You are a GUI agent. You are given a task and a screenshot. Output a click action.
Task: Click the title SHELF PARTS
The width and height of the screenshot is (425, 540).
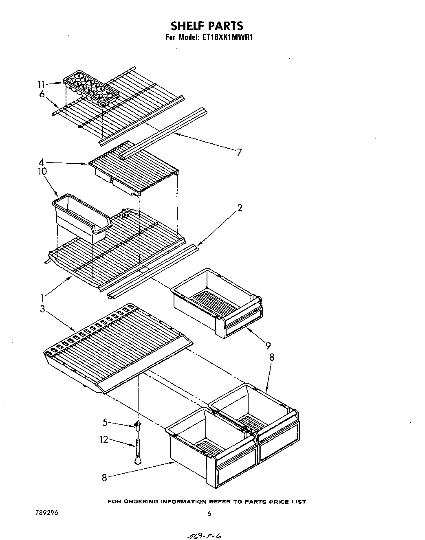coord(207,26)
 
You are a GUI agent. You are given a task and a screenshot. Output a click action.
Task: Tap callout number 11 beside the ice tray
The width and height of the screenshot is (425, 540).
coord(41,85)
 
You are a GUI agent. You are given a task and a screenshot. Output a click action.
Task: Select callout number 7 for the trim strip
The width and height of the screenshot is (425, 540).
coord(239,152)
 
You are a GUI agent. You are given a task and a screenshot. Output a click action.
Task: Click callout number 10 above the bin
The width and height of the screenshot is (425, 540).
coord(42,171)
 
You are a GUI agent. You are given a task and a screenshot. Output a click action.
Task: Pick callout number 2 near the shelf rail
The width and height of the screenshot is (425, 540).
coord(240,208)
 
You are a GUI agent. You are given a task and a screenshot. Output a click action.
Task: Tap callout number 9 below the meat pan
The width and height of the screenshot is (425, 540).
coord(268,346)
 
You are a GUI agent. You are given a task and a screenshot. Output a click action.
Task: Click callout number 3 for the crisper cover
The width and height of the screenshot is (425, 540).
coord(42,309)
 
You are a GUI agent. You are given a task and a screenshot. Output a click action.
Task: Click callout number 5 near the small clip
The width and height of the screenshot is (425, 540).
coord(105,423)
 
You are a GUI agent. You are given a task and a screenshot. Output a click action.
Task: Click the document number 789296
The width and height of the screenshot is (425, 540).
coord(47,513)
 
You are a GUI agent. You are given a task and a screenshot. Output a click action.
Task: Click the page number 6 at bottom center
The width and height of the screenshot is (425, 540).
coord(209,514)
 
